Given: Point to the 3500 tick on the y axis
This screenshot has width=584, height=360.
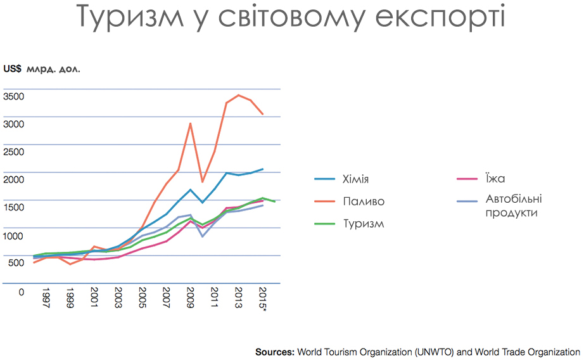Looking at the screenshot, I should pyautogui.click(x=13, y=96).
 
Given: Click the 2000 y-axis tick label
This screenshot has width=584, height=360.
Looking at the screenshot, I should pyautogui.click(x=13, y=179).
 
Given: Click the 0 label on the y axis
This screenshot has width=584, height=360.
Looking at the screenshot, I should pyautogui.click(x=22, y=292).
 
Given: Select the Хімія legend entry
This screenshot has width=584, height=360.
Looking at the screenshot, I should pyautogui.click(x=356, y=179).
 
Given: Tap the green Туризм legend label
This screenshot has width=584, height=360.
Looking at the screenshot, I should pyautogui.click(x=364, y=224).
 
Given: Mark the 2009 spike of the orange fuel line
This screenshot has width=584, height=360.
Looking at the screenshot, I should pyautogui.click(x=190, y=124).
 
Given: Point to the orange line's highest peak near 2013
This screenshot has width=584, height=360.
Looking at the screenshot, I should pyautogui.click(x=238, y=95).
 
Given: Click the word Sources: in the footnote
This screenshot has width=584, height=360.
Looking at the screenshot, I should pyautogui.click(x=275, y=352).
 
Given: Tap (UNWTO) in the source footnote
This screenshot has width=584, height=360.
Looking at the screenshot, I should pyautogui.click(x=435, y=352).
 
